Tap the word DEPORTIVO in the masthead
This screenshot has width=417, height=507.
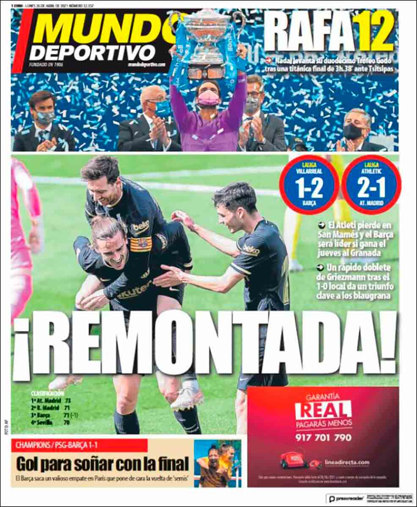pos(92,53)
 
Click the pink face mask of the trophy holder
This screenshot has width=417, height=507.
pos(208,98)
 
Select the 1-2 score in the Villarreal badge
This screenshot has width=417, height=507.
pos(309,185)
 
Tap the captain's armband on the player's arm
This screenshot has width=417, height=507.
pos(140,244)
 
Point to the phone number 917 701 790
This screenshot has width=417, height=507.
pos(323,438)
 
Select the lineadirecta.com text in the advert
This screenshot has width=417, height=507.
pos(347,463)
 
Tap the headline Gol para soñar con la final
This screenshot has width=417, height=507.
pos(102,464)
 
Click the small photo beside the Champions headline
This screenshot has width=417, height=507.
pos(217,463)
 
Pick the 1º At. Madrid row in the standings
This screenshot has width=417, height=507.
pos(51,401)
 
